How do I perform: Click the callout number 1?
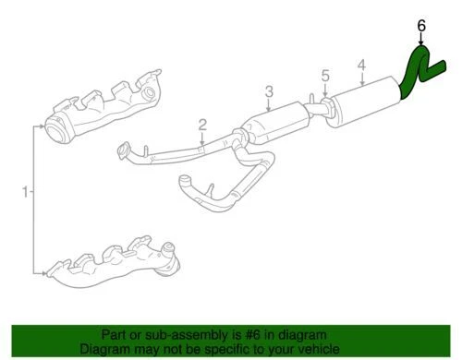tap(25, 191)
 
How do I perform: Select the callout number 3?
tap(269, 91)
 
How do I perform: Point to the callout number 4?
tap(362, 66)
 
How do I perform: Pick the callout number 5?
tap(324, 76)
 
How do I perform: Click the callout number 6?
tap(421, 27)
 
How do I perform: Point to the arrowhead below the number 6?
tap(421, 42)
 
